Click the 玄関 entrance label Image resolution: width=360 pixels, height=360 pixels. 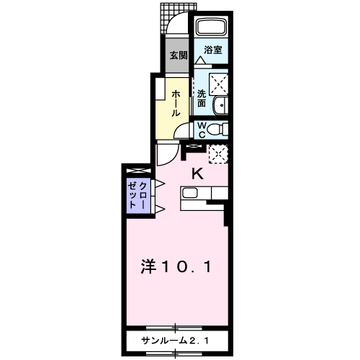click(179, 55)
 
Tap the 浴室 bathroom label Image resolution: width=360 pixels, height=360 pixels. click(213, 50)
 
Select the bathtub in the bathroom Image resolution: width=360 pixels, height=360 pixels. click(212, 27)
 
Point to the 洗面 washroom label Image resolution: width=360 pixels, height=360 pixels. click(202, 98)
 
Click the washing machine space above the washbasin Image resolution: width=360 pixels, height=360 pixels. click(218, 84)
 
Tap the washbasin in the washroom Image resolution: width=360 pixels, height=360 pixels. click(220, 105)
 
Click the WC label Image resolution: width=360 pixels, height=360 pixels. click(202, 130)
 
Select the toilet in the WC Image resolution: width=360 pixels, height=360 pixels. click(217, 129)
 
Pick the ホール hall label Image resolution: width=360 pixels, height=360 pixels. click(176, 103)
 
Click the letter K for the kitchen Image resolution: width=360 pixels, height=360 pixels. click(197, 174)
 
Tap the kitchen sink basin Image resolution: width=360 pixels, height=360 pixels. click(190, 193)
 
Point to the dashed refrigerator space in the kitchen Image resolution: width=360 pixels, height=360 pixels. click(218, 154)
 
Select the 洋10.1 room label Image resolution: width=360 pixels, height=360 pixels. click(176, 266)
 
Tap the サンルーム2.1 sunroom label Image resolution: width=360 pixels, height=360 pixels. click(175, 341)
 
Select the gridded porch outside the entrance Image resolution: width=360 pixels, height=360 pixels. click(178, 18)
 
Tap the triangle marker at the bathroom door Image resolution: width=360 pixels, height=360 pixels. click(199, 60)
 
